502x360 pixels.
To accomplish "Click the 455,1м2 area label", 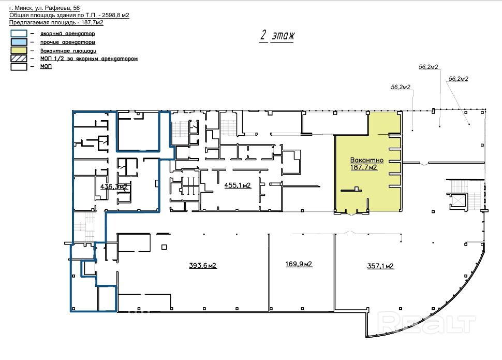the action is (237, 185).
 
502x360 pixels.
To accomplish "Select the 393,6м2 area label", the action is (203, 265).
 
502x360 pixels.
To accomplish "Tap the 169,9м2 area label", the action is (299, 264).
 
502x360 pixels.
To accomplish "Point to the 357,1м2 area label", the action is (380, 266).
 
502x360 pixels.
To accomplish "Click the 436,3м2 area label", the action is (114, 186).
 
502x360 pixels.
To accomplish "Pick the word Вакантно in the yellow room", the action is (367, 160).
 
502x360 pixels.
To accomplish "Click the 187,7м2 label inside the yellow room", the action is (364, 167).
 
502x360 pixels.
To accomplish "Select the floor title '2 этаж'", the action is (277, 35).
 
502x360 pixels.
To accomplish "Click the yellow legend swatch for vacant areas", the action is (19, 50).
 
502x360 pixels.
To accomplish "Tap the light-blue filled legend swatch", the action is (19, 42).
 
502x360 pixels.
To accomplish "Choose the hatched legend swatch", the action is (19, 59).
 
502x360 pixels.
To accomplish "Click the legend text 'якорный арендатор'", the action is (68, 33).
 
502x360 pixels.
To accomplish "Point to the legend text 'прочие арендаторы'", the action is (68, 42).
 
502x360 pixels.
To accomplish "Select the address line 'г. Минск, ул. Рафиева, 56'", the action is (45, 8).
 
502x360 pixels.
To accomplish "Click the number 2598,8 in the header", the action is (111, 15).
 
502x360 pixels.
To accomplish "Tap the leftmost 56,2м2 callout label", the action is (401, 87).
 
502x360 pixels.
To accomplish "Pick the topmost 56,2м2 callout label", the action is (429, 67).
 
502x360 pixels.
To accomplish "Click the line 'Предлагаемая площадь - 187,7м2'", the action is (56, 22).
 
